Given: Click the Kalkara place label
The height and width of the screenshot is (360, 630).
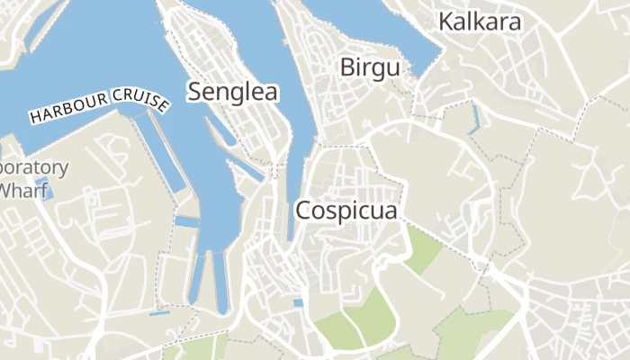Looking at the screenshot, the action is tap(480, 22).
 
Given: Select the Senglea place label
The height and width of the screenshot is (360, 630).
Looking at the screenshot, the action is tap(232, 91).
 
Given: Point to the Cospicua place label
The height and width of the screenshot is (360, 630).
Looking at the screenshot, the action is tap(347, 210).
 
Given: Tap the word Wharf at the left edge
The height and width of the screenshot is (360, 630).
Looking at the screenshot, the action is tap(20, 191).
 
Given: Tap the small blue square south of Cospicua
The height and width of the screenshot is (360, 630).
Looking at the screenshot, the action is tap(298, 303).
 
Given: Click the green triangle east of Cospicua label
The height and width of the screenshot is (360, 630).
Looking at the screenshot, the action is tap(418, 247).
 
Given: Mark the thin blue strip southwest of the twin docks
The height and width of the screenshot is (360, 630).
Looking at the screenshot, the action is tap(160, 312).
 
